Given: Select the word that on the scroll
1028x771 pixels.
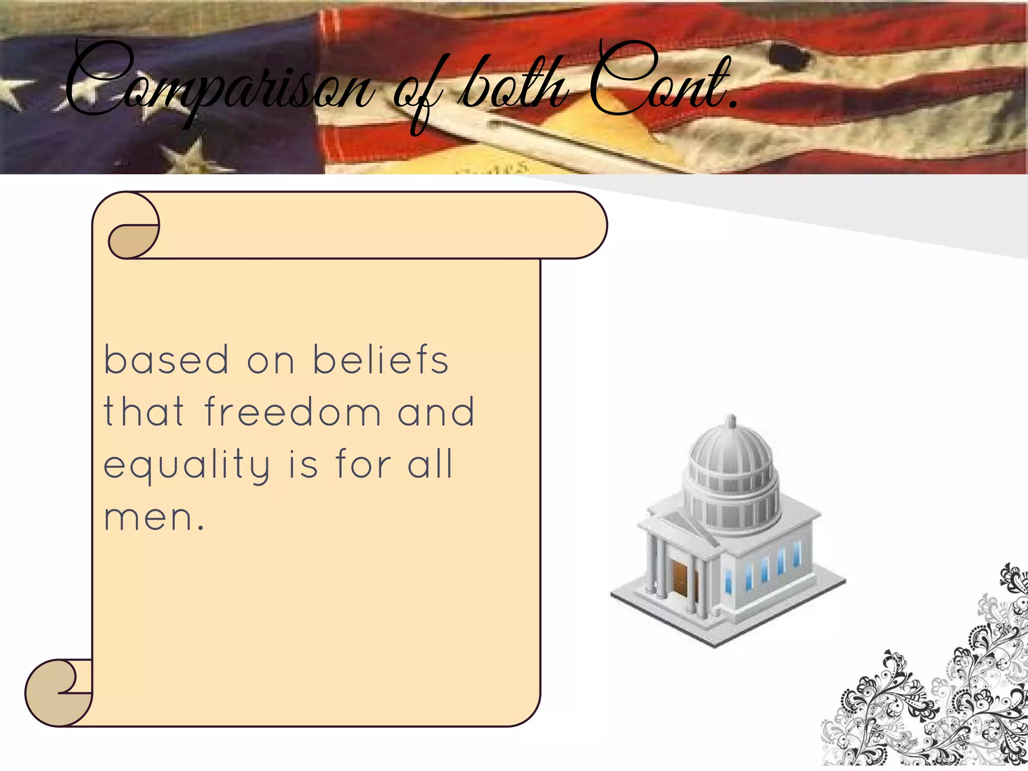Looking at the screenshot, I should click(144, 412).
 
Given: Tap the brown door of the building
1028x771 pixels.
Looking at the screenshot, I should click(680, 577).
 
